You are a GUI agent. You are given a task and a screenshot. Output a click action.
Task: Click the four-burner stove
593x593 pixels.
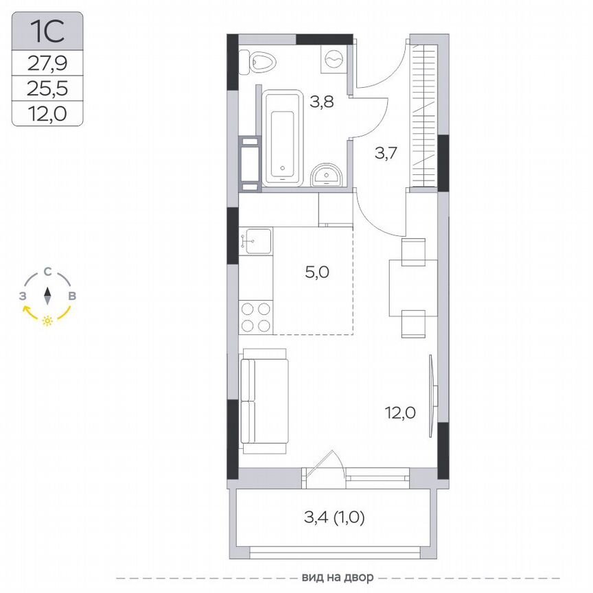[x=255, y=317]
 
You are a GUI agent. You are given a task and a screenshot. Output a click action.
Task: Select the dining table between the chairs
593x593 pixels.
[x=413, y=286]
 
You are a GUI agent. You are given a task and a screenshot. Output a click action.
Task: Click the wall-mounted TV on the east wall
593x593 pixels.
[x=432, y=395]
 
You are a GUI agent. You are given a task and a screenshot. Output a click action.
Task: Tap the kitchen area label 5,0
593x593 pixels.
[x=318, y=272]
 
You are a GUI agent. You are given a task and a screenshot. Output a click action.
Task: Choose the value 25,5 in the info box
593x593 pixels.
[x=47, y=89]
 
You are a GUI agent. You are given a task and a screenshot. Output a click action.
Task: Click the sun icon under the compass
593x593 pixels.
[x=47, y=321]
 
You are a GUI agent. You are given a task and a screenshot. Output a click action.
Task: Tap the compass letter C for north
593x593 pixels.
[x=47, y=272]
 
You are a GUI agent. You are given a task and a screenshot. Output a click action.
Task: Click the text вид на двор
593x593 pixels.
[x=329, y=577]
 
